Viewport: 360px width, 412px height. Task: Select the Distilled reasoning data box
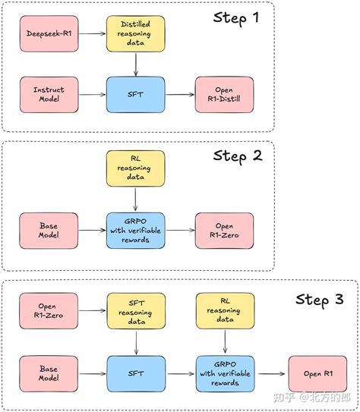point(134,34)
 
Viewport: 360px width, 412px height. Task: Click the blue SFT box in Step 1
point(134,95)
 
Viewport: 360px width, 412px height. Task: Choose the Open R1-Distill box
point(222,95)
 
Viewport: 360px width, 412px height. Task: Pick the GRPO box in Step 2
point(134,231)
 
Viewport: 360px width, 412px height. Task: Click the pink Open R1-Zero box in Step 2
point(222,231)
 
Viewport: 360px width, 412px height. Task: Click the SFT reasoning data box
point(134,310)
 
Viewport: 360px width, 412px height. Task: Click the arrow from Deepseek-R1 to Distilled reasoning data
point(92,34)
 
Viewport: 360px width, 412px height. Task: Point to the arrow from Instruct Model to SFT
point(92,95)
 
